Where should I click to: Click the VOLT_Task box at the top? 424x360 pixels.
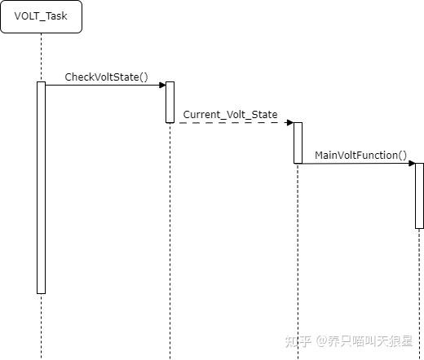pos(41,16)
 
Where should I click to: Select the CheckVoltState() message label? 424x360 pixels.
pos(106,77)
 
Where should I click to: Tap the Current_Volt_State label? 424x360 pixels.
pos(230,115)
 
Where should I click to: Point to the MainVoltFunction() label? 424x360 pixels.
pos(360,155)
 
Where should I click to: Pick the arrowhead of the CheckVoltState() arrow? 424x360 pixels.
pos(162,85)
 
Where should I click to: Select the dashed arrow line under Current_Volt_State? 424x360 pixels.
pos(232,123)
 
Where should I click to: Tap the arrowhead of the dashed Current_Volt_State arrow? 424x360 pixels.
pos(289,123)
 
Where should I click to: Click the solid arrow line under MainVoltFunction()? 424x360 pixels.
pos(355,163)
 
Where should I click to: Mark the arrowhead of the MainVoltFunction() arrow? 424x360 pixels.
pos(412,163)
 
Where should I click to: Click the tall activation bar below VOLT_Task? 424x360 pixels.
pos(41,187)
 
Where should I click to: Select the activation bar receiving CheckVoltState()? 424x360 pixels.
pos(170,102)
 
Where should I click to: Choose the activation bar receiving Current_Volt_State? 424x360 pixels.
pos(298,143)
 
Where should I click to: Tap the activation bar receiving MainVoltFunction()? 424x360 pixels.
pos(419,195)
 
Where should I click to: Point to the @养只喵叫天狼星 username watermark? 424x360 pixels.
pos(367,341)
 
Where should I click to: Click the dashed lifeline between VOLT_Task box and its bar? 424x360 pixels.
pos(41,57)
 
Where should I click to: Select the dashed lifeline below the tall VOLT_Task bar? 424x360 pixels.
pos(41,326)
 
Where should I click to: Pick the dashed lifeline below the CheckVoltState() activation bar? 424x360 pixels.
pos(170,244)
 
